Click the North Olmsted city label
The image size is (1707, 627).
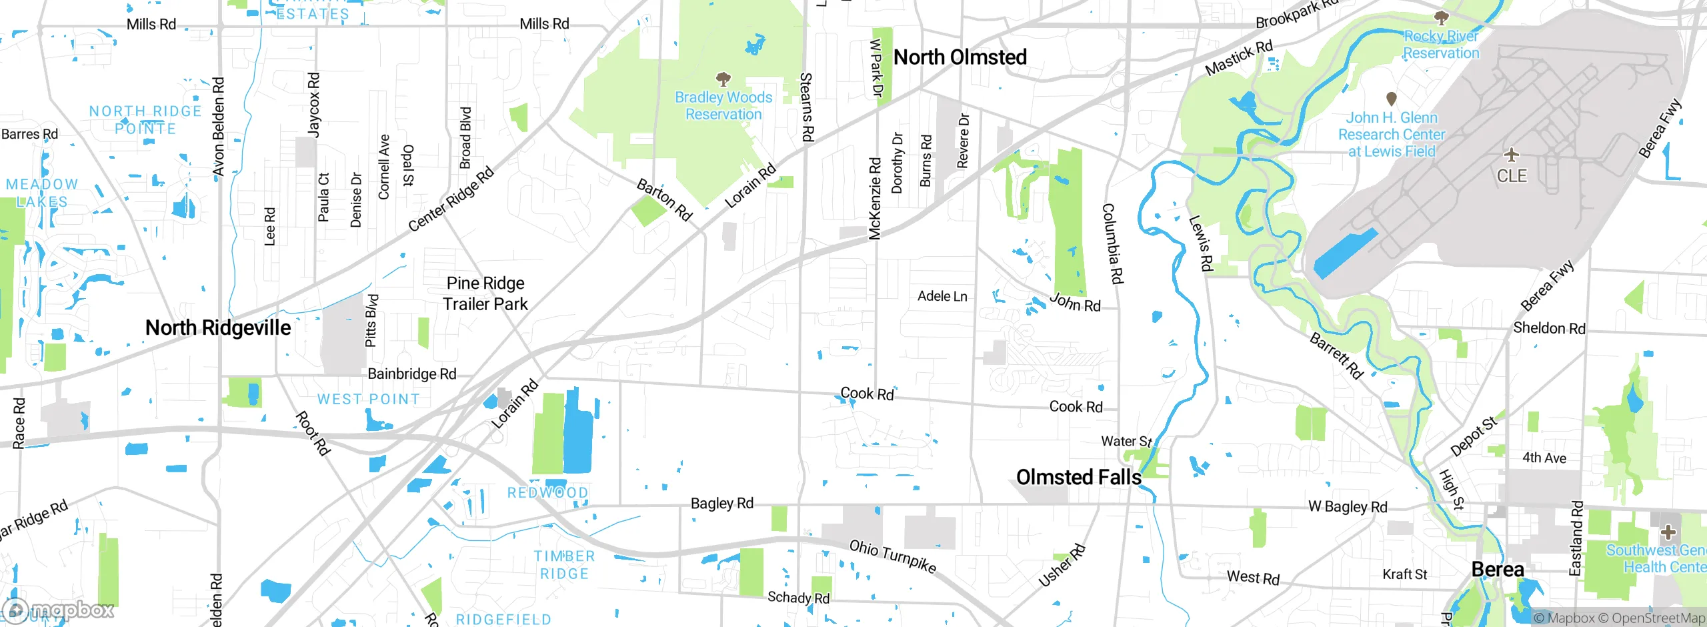tap(960, 58)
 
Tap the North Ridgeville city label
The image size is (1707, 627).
tap(218, 328)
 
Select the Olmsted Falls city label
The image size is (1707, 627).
tap(1078, 478)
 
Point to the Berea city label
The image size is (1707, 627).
tap(1497, 570)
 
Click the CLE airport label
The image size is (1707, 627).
tap(1512, 176)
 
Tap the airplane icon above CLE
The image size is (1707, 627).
tap(1512, 155)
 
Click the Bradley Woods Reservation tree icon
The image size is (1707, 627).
tap(723, 80)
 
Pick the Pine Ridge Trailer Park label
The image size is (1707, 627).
tap(485, 294)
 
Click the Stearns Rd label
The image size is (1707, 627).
tap(806, 107)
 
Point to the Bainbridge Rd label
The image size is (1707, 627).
tap(412, 374)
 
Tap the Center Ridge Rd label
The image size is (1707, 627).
tap(451, 199)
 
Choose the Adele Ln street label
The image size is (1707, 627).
tap(942, 296)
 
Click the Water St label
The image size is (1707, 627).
tap(1126, 442)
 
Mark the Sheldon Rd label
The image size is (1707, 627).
tap(1549, 328)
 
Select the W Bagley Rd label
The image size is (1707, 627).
tap(1348, 507)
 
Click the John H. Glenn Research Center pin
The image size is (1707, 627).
tap(1391, 99)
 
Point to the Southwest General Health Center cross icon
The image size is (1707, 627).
tap(1668, 532)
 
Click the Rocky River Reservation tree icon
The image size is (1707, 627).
tap(1441, 17)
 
